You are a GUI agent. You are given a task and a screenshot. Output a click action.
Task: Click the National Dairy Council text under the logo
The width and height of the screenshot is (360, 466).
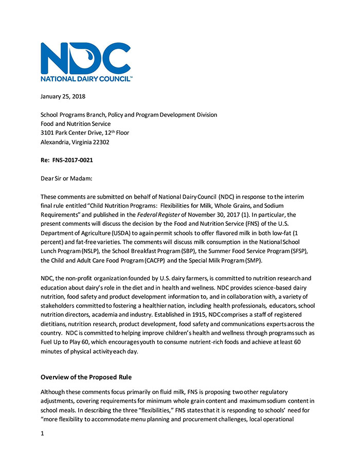click(86, 79)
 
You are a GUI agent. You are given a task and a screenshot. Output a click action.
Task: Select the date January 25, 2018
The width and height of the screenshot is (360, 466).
click(63, 96)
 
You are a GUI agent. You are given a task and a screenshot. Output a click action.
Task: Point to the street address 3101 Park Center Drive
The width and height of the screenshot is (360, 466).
click(77, 133)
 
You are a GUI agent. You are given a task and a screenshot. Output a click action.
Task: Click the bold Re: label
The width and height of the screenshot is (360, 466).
click(46, 160)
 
